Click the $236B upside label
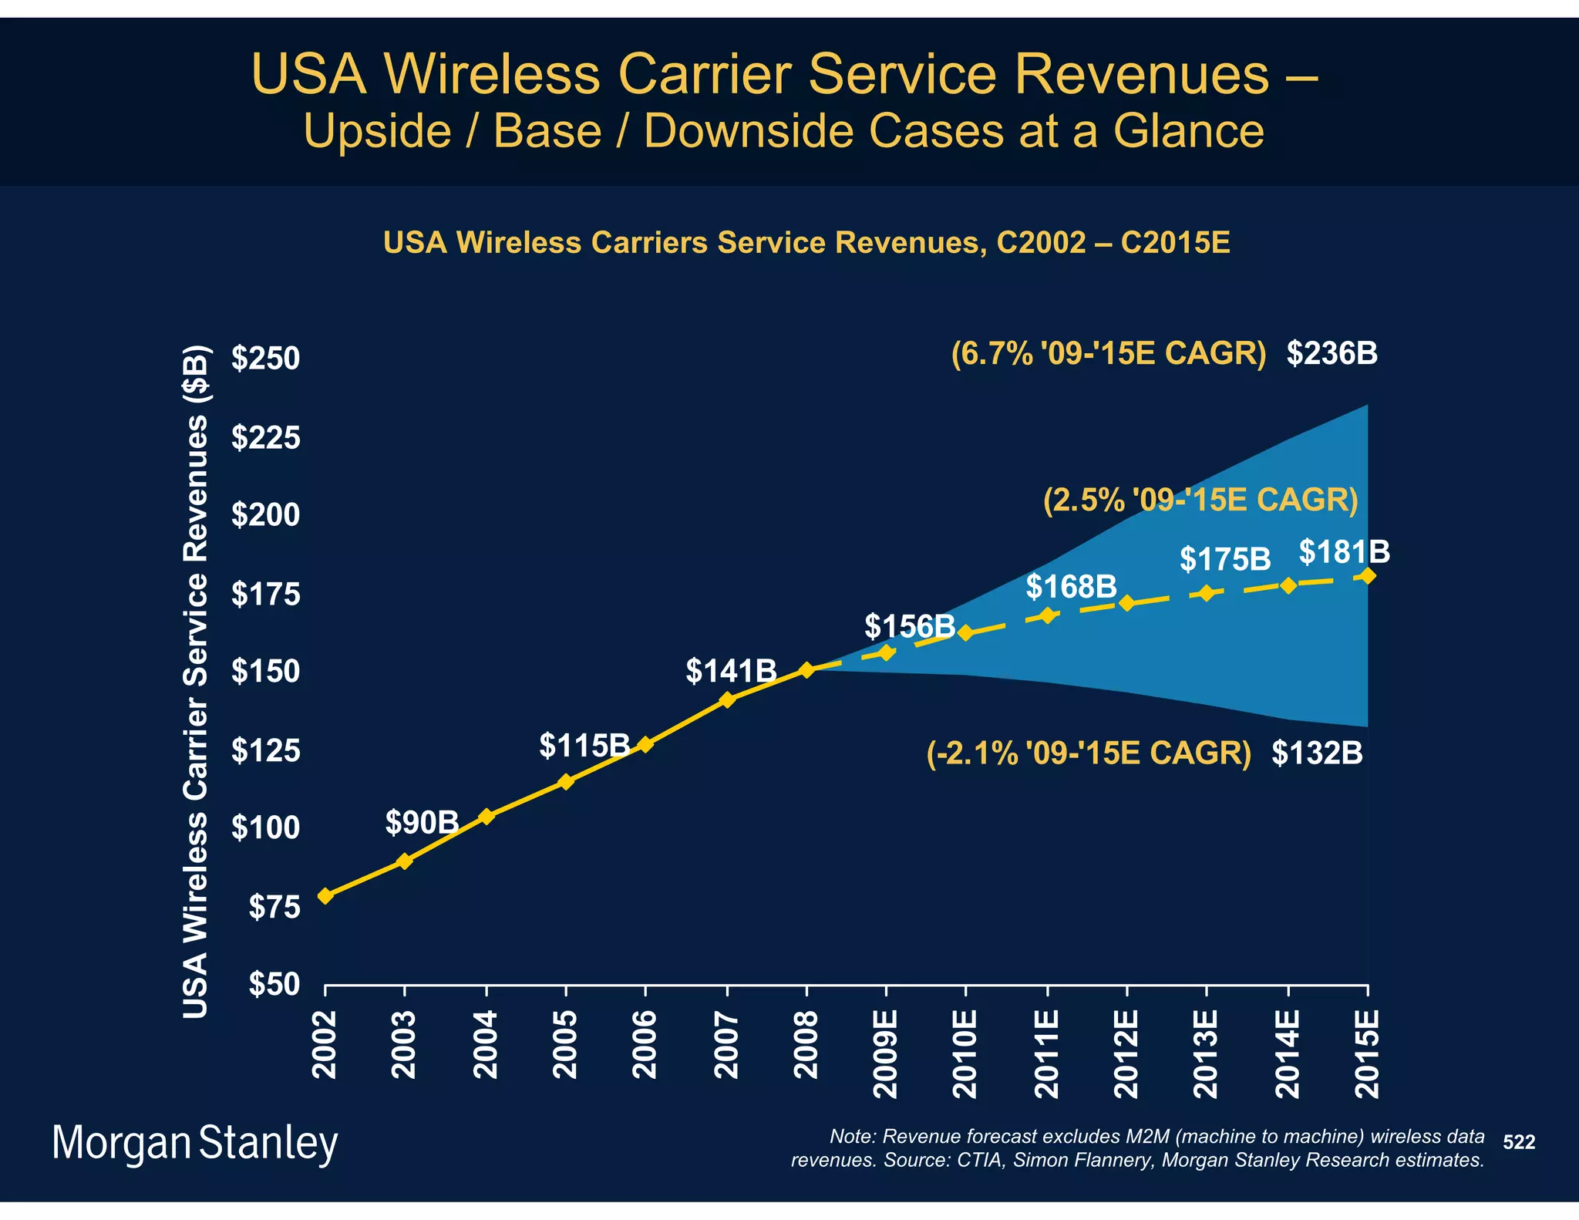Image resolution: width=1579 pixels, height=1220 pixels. pos(1332,353)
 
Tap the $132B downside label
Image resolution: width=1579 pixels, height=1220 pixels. pos(1317,753)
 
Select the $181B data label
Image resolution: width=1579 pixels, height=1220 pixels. pos(1344,551)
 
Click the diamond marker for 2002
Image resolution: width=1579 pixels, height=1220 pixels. pos(325,895)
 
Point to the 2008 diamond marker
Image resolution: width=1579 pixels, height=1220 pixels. pos(806,669)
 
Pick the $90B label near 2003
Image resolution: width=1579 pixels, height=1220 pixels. pos(422,823)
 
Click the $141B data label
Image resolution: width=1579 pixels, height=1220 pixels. pos(731,670)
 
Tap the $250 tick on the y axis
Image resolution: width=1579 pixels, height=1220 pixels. pos(265,359)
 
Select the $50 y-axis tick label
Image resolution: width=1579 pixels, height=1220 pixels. pos(274,985)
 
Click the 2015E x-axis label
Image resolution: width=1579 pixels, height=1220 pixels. pos(1367,1053)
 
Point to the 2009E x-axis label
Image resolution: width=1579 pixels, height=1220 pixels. pos(886,1053)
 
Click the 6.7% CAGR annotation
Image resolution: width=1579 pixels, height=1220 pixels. pos(1108,353)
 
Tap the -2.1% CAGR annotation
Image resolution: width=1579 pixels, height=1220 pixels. pos(1088,753)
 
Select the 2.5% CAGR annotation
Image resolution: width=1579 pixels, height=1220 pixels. pos(1200,500)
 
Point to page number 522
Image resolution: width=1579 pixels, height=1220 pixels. pos(1519,1142)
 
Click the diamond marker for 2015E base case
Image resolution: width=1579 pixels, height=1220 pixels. pos(1368,576)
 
